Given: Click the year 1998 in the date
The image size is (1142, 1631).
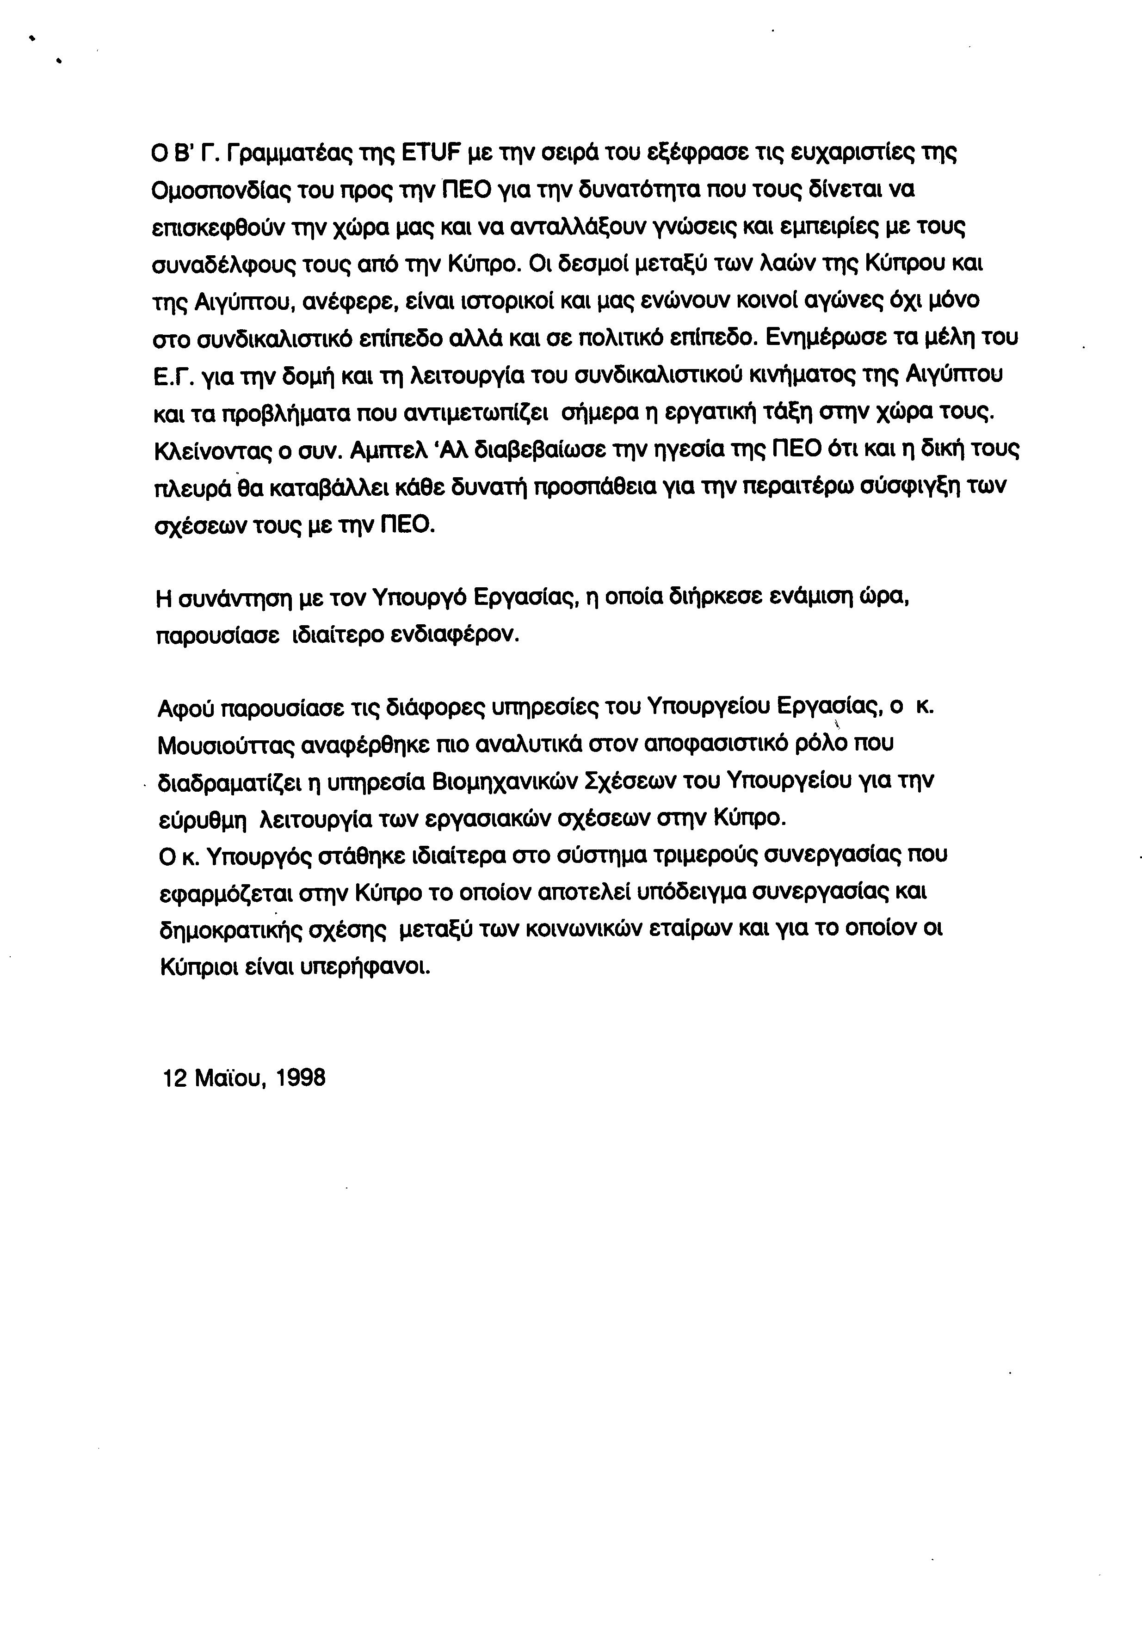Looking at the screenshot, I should [300, 1077].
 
